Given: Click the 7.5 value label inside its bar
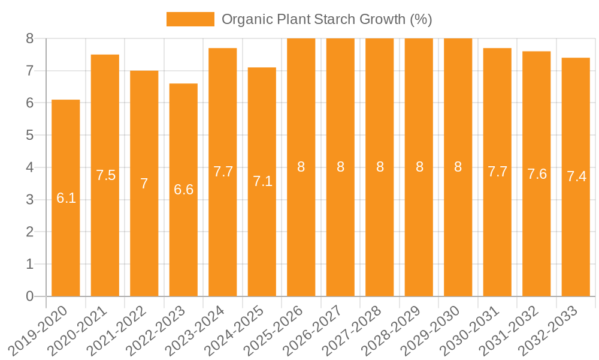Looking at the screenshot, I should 105,175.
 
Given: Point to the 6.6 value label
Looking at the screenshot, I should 183,190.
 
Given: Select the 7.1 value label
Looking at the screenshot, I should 262,181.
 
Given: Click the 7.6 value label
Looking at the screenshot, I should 537,174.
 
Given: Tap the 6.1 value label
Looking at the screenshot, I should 66,198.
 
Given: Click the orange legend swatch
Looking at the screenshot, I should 190,19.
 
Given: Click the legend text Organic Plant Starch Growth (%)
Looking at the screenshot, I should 326,19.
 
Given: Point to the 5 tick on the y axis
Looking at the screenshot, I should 30,135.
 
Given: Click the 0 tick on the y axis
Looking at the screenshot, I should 30,296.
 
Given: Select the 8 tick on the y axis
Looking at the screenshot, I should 30,38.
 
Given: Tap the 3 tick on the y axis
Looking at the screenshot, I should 30,200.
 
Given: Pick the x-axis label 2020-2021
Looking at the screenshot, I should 82,329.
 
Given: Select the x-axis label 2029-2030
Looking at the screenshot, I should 435,329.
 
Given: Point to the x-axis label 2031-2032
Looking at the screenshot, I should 514,329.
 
